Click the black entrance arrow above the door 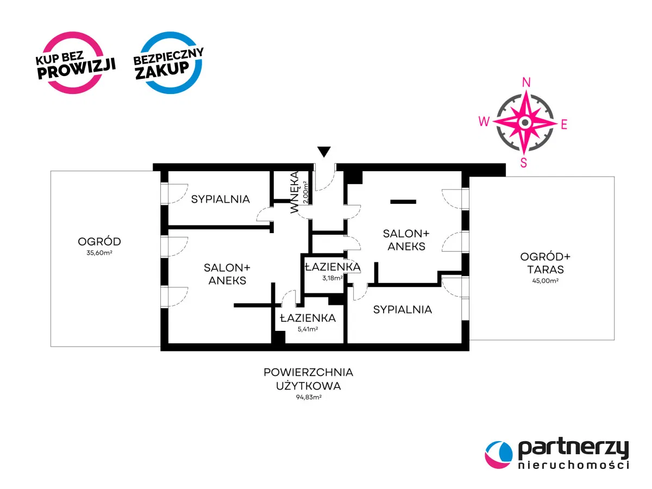[x=323, y=152]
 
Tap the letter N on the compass [x=526, y=83]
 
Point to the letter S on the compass [x=523, y=162]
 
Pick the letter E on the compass [x=564, y=124]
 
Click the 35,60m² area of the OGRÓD [x=99, y=253]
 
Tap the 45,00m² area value [x=545, y=280]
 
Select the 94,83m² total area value [x=308, y=397]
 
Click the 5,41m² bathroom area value [x=308, y=329]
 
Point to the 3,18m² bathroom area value [x=333, y=278]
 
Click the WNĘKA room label [x=294, y=192]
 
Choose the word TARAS [x=546, y=269]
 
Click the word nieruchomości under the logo [x=573, y=465]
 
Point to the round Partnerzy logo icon [x=498, y=454]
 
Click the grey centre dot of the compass [x=525, y=122]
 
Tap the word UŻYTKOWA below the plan [x=308, y=386]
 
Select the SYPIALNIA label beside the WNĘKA [x=220, y=199]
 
